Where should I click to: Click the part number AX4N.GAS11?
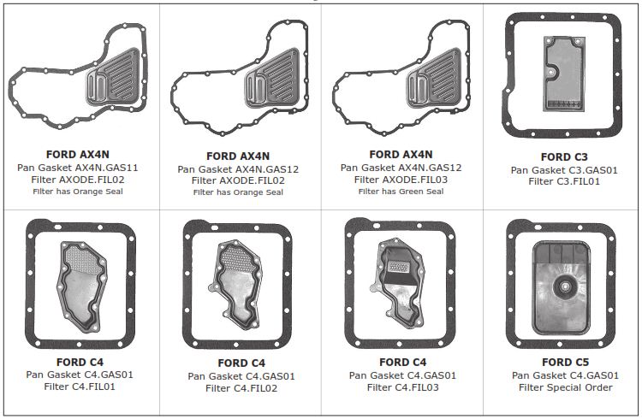coord(106,168)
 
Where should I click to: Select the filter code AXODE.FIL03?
coord(415,180)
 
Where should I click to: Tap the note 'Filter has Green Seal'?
coord(401,191)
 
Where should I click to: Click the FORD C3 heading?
coord(564,157)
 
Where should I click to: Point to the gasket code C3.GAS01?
coord(586,170)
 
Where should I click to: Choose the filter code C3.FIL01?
coord(579,181)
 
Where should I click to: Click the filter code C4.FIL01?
coord(93,387)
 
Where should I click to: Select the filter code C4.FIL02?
coord(255,388)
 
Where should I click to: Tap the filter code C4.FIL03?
coord(416,387)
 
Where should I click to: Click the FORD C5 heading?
coord(565,362)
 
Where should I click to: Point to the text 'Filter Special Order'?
coord(566,387)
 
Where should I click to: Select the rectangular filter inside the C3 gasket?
coord(564,74)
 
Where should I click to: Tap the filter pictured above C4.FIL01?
coord(82,286)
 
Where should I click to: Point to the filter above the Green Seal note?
coord(434,78)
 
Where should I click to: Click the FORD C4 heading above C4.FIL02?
coord(241,363)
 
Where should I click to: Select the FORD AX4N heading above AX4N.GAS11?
coord(78,155)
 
